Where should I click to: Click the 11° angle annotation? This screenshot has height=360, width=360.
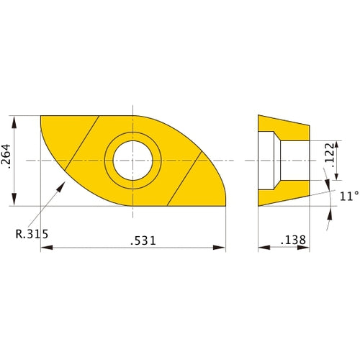tap(348, 195)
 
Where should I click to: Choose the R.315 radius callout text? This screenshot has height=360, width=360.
tap(33, 233)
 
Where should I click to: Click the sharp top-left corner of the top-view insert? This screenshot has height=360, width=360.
tap(41, 116)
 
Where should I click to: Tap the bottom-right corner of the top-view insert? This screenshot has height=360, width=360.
tap(226, 204)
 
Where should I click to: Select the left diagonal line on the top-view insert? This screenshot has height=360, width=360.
tap(82, 143)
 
